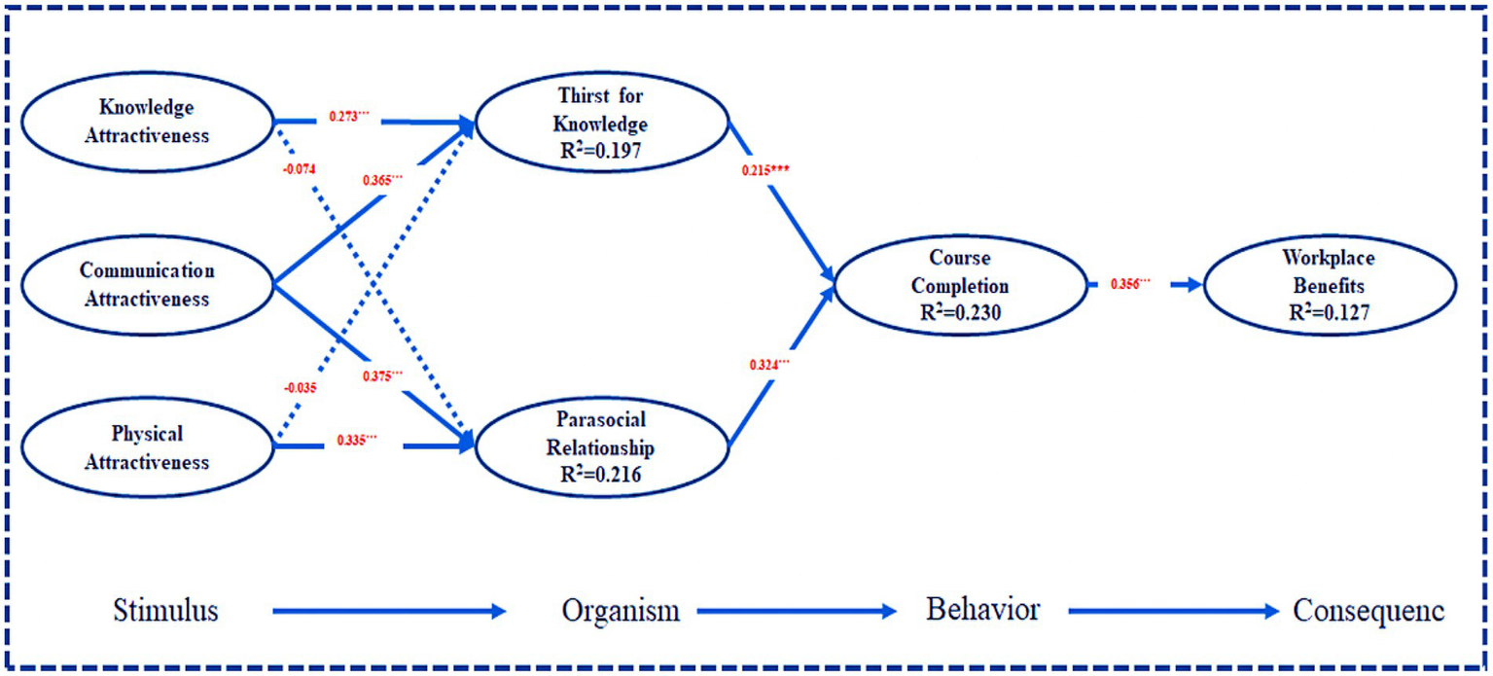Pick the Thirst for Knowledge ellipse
click(602, 125)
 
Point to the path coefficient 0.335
click(357, 440)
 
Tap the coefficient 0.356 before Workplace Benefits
click(1130, 283)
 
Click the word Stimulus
click(165, 611)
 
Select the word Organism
click(620, 611)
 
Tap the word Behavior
click(982, 610)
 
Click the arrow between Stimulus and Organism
click(389, 612)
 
